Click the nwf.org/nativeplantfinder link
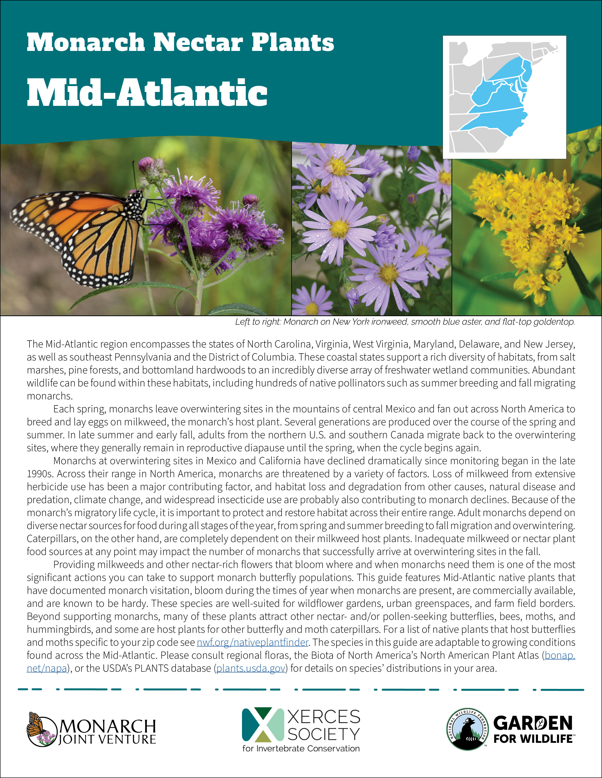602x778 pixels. tap(253, 642)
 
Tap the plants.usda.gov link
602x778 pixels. tap(251, 668)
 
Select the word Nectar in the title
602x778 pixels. tap(198, 43)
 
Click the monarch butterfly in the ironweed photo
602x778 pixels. tap(78, 235)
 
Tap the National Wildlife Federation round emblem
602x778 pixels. tap(467, 729)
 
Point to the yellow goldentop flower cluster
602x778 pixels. tap(524, 221)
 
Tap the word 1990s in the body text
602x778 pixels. tap(40, 474)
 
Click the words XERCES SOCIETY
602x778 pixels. tap(323, 725)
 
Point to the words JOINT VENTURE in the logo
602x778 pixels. tap(107, 740)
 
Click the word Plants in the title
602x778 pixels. tap(293, 43)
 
